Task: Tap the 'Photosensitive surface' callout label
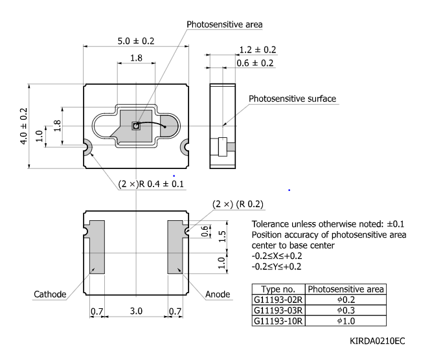293,99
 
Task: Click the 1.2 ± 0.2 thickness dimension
258,49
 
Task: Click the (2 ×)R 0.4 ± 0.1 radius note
151,184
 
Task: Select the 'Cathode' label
50,295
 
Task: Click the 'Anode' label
218,295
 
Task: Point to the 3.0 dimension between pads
136,311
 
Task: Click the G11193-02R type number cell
278,300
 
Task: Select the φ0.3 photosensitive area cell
346,310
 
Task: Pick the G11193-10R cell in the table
278,321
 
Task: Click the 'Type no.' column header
278,289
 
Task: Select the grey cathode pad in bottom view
96,247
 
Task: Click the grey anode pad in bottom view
176,247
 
